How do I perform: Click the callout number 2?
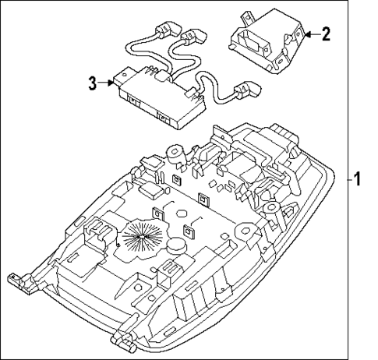click(327, 34)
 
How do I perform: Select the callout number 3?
click(92, 82)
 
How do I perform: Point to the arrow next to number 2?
click(309, 34)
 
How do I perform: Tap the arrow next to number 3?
click(108, 82)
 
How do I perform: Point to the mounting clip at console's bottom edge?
click(125, 336)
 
